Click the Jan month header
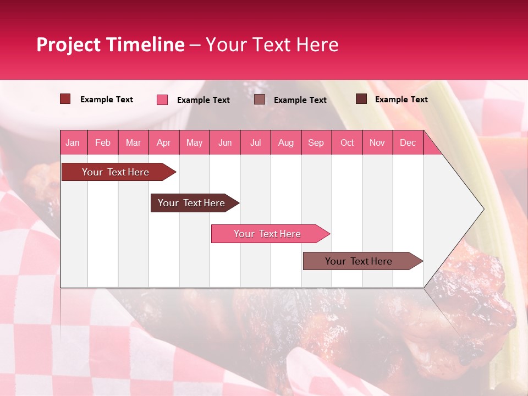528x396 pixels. click(73, 142)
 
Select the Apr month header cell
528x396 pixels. click(163, 142)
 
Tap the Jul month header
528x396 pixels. click(255, 142)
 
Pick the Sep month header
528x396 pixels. click(316, 142)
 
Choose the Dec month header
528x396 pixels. click(408, 142)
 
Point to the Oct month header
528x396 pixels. click(347, 142)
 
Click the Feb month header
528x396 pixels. click(103, 142)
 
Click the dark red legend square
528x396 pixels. click(65, 99)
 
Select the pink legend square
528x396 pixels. click(162, 100)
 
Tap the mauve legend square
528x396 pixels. click(259, 100)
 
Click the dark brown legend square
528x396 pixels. click(361, 99)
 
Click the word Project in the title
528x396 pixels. click(69, 45)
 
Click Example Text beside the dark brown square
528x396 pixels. click(401, 99)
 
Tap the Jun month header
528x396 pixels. click(225, 142)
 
